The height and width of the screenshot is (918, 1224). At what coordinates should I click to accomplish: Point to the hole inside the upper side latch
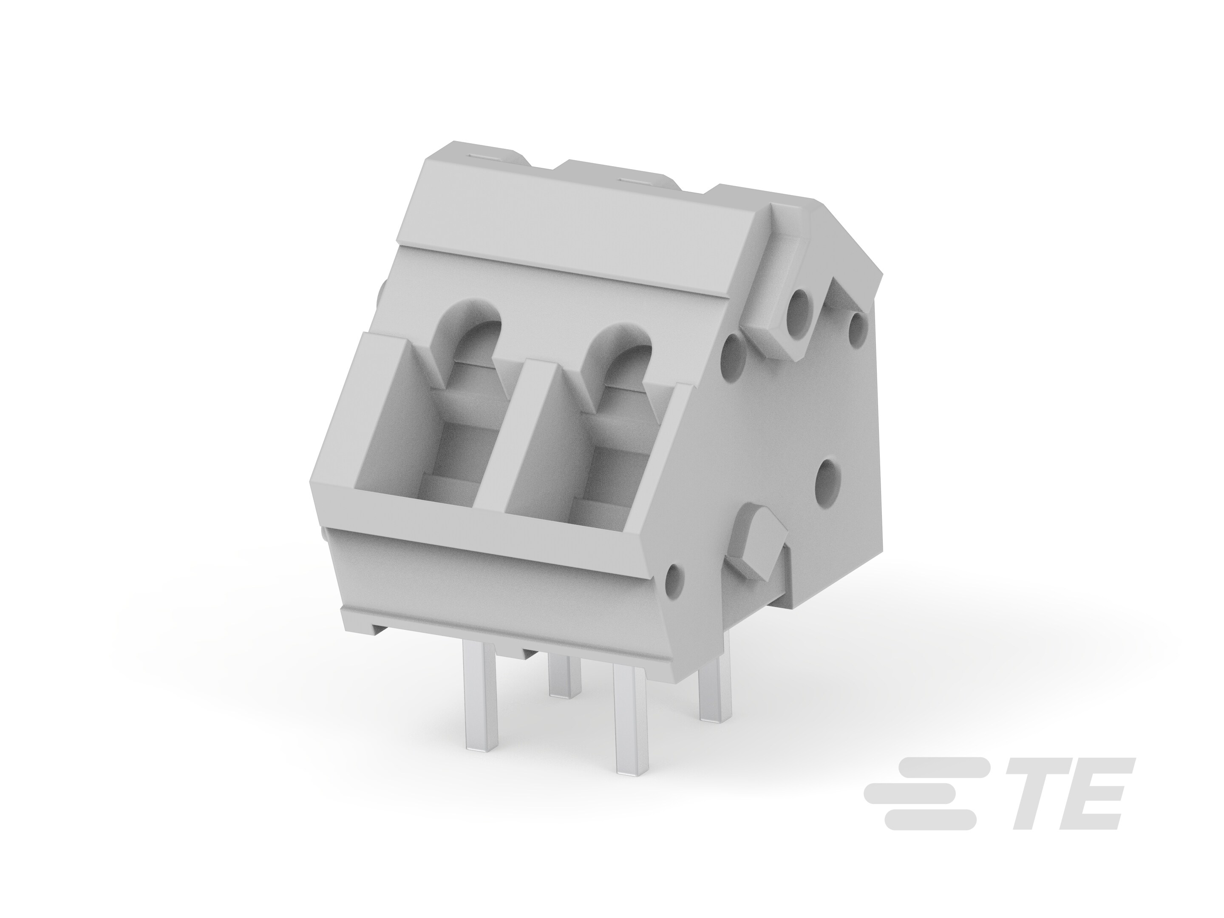[800, 304]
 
